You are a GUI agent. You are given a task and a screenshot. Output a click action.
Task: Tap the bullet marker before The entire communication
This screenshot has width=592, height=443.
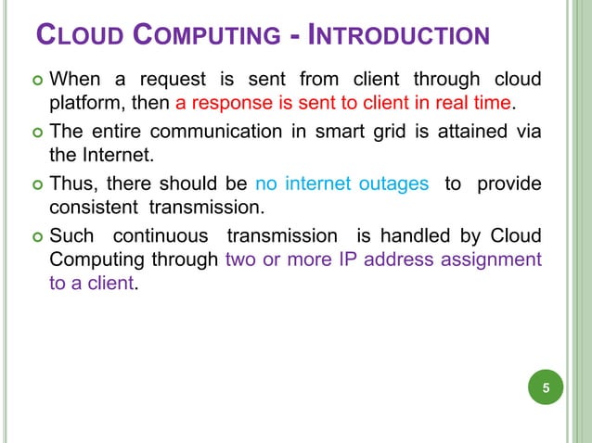34,131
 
